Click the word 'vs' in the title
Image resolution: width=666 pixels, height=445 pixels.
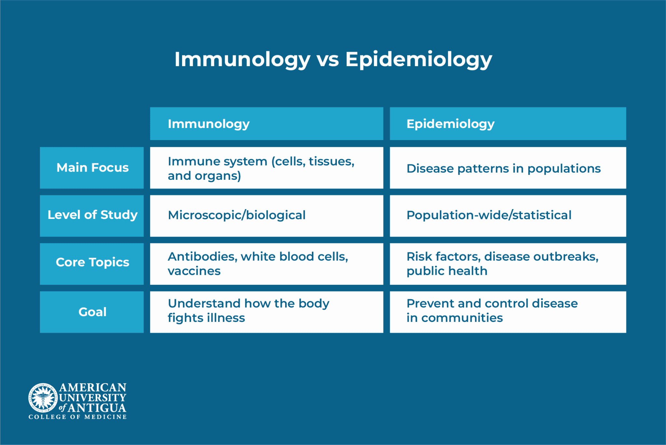(x=328, y=60)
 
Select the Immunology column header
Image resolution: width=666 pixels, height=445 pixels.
(x=266, y=124)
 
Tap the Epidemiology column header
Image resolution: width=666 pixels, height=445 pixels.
(x=508, y=124)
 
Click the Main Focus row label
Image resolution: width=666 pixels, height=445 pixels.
(x=92, y=168)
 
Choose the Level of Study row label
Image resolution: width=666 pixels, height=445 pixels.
(x=92, y=215)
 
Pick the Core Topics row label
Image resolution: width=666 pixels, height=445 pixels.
(x=92, y=263)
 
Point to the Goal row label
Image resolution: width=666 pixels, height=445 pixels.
(x=92, y=312)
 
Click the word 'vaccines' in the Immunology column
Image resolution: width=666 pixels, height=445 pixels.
(x=194, y=271)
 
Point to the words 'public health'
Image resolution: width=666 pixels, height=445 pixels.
(x=447, y=271)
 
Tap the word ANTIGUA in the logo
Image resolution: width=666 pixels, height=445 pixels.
(x=97, y=408)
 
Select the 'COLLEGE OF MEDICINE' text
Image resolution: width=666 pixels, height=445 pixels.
(x=77, y=417)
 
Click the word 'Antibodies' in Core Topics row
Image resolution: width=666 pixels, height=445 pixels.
(x=202, y=257)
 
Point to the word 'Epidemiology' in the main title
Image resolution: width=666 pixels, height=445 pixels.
(x=419, y=60)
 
